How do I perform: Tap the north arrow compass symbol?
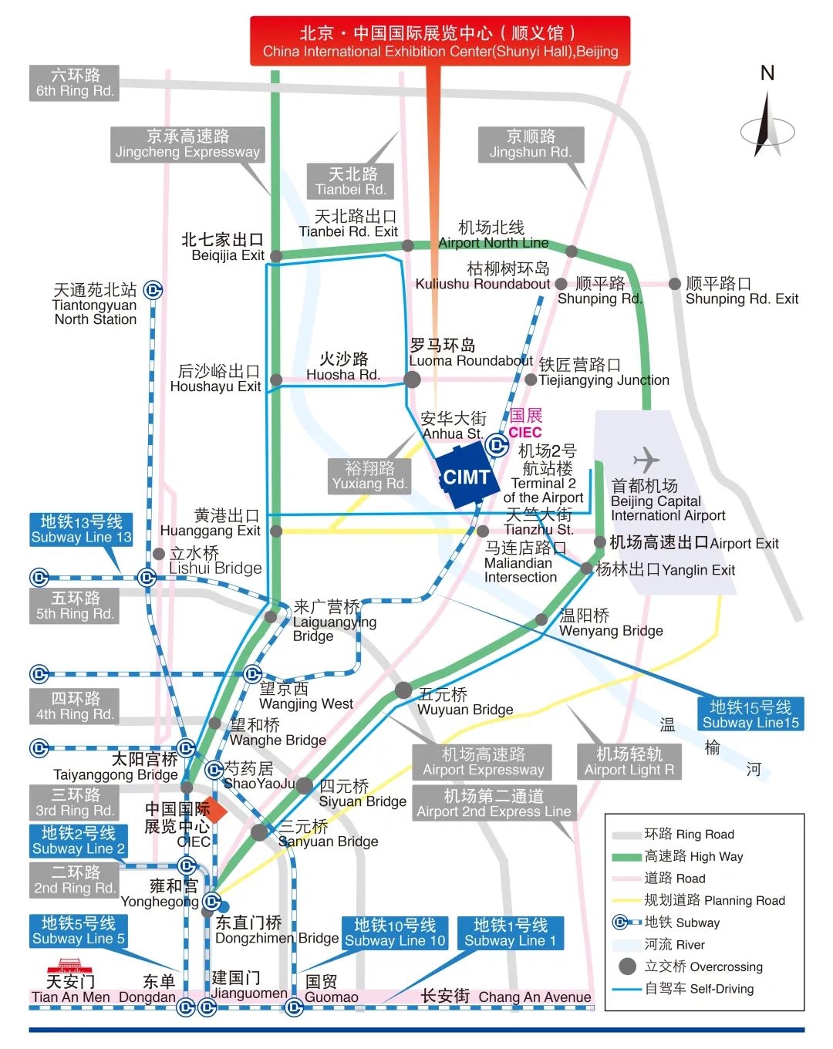click(x=767, y=128)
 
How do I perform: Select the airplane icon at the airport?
click(x=646, y=460)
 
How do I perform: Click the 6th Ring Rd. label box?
click(x=75, y=83)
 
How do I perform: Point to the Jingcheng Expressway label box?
click(x=187, y=144)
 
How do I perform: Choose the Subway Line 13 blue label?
click(x=81, y=529)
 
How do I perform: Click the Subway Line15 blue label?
click(x=750, y=714)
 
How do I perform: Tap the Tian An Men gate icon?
click(x=69, y=964)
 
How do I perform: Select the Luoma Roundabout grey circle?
click(x=413, y=379)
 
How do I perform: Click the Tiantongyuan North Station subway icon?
click(x=153, y=290)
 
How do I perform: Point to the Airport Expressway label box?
click(x=483, y=762)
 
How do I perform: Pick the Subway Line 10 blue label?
click(x=395, y=933)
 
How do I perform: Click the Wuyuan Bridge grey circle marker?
click(x=403, y=690)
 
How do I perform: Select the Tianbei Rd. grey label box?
click(x=351, y=181)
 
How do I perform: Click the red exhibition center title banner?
click(x=440, y=42)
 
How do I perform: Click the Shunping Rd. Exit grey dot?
click(x=675, y=284)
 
